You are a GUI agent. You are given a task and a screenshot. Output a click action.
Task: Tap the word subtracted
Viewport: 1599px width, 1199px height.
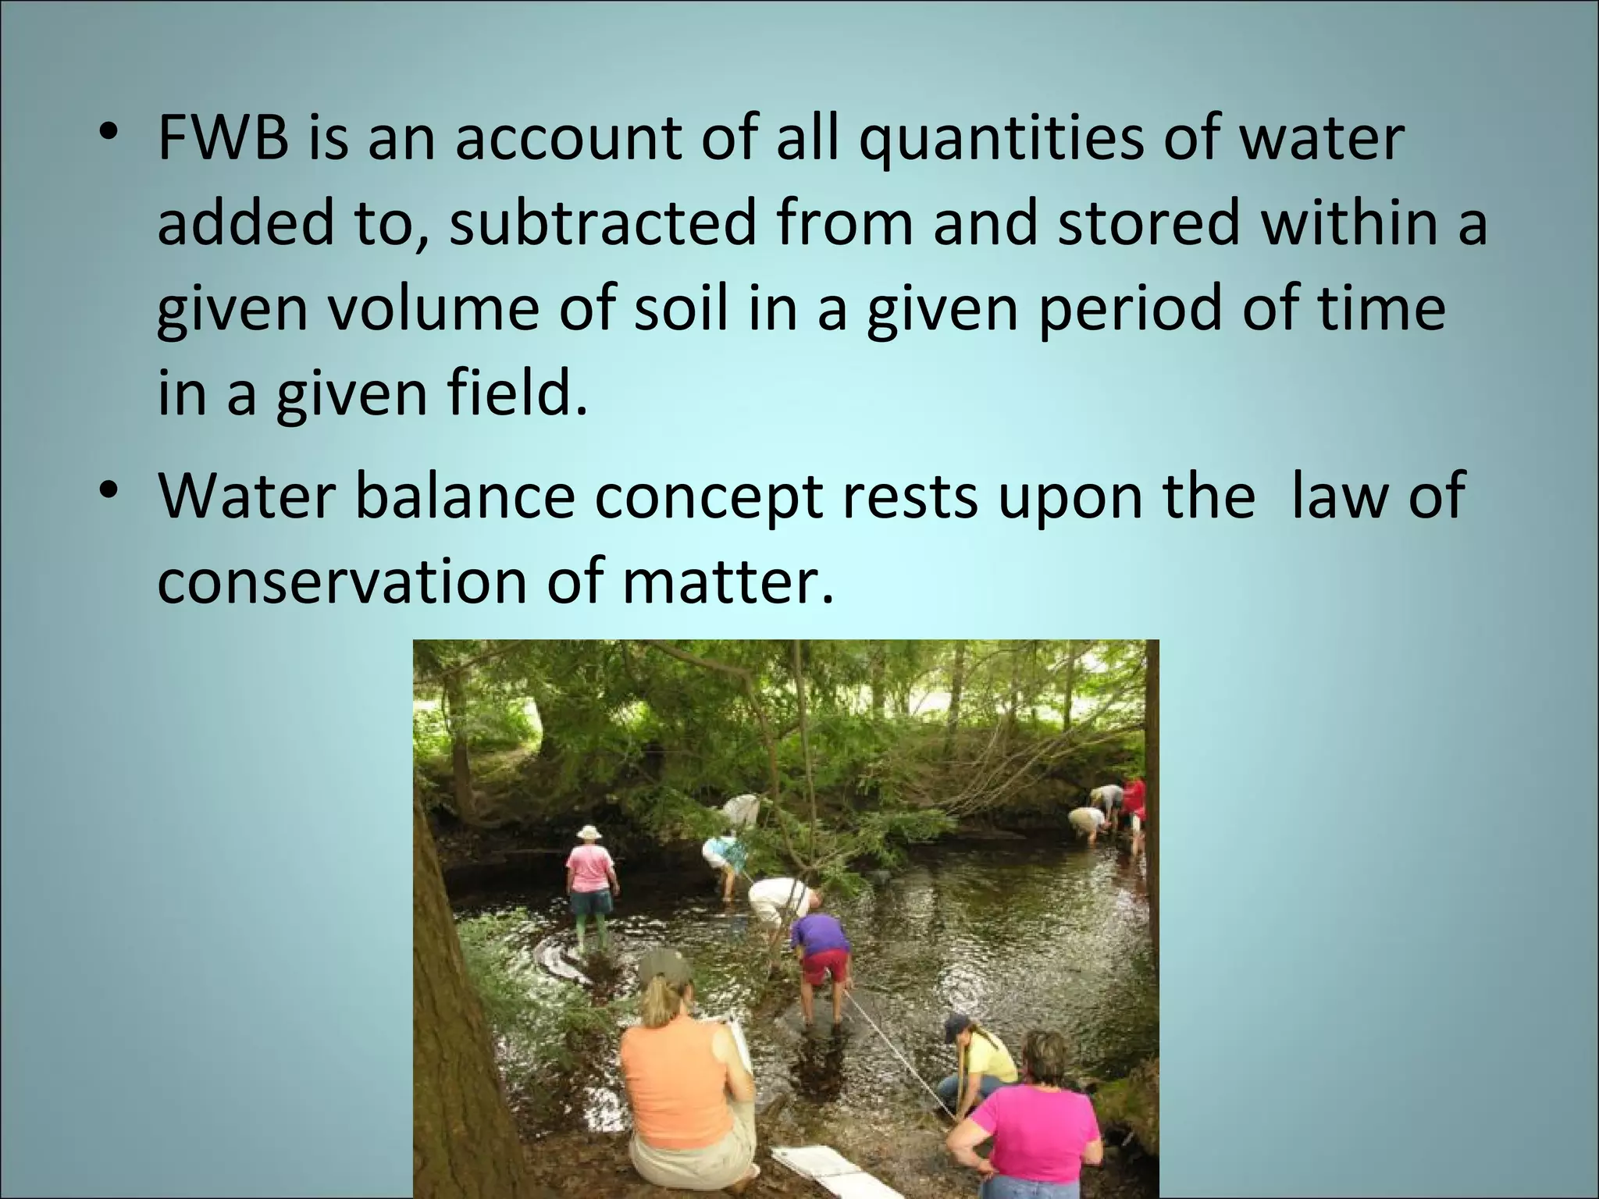603,224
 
